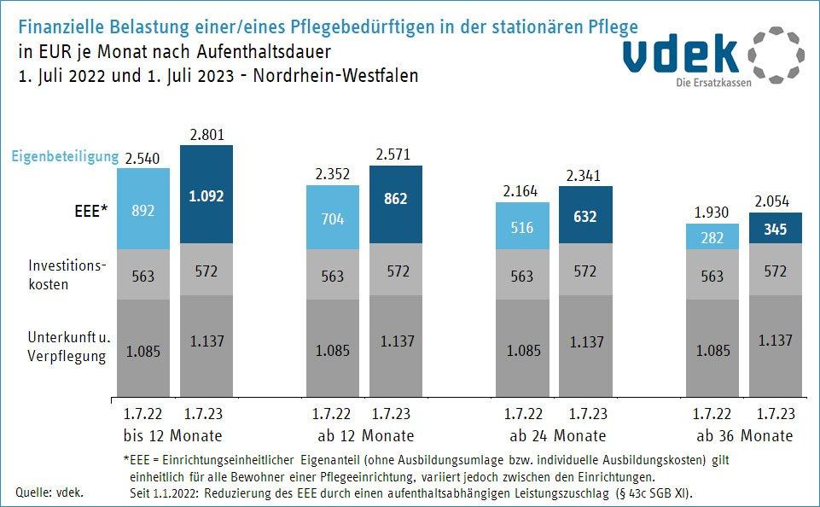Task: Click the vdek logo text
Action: (680, 55)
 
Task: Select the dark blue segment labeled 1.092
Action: (206, 195)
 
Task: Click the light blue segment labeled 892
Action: (142, 209)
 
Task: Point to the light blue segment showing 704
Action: (333, 218)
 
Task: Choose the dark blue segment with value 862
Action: (395, 200)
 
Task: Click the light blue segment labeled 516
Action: (522, 227)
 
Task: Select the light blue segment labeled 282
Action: (713, 236)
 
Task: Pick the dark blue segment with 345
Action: (776, 228)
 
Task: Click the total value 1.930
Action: (713, 211)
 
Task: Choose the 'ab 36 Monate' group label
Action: (745, 436)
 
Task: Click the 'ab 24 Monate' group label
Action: (555, 436)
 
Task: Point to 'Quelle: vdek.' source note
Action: (50, 492)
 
